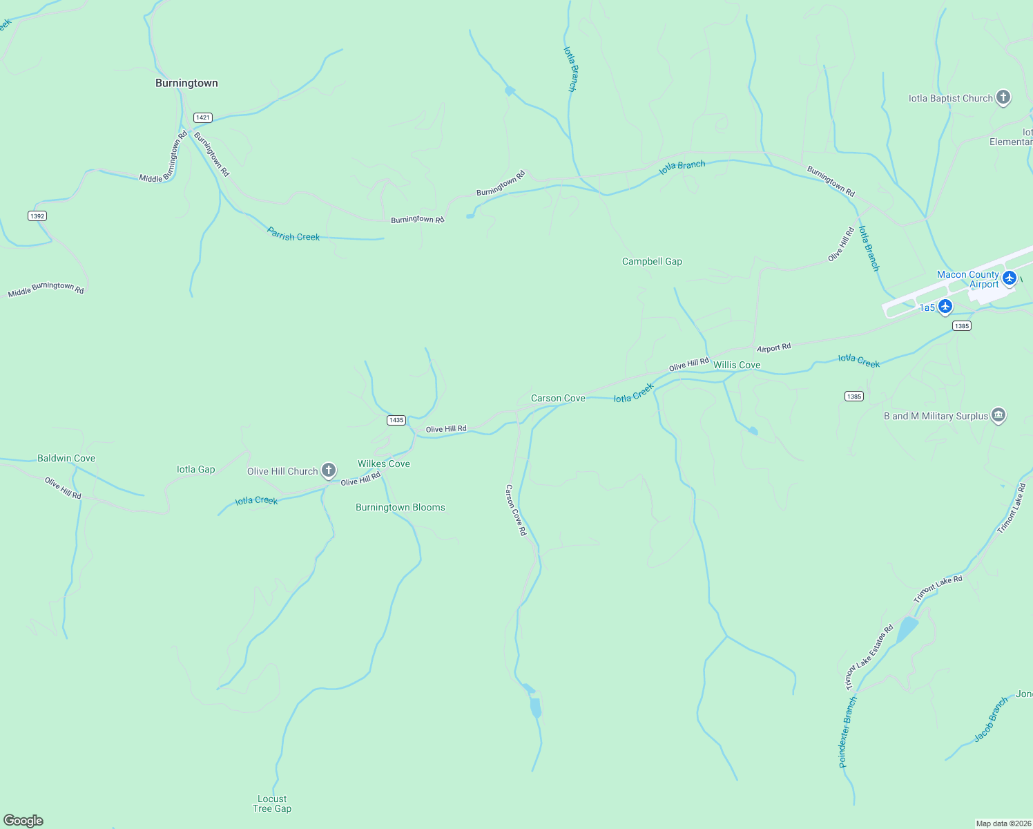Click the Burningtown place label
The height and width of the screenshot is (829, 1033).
click(186, 83)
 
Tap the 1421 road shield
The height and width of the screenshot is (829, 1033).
click(202, 117)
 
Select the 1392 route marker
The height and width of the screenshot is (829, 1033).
click(37, 216)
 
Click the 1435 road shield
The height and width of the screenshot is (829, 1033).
click(396, 420)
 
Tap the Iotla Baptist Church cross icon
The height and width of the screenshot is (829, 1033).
click(1003, 97)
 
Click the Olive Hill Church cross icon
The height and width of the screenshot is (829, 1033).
click(329, 470)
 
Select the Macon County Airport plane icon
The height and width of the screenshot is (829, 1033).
click(1010, 278)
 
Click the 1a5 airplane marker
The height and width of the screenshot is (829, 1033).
click(945, 306)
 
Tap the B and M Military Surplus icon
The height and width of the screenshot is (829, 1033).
click(998, 415)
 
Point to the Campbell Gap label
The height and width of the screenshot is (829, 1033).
click(652, 261)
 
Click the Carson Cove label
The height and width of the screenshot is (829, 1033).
click(558, 398)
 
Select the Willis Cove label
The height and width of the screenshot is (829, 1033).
click(737, 365)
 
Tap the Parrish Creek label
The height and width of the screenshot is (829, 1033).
click(293, 236)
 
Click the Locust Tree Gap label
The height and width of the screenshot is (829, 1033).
click(272, 803)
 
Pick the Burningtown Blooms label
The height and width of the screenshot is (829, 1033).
click(400, 507)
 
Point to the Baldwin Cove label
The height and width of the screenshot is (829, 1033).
click(66, 458)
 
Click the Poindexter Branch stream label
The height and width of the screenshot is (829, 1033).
click(848, 732)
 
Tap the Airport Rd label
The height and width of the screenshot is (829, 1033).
click(773, 348)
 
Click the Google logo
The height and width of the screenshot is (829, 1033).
click(23, 821)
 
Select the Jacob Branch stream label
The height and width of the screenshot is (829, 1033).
click(991, 720)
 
